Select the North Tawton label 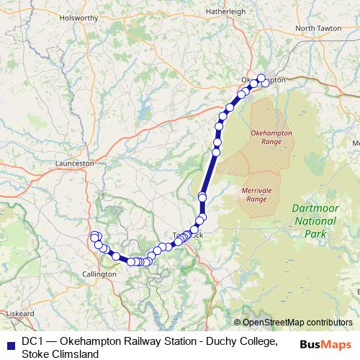click(x=318, y=29)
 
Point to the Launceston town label click(x=75, y=163)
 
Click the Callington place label click(x=99, y=274)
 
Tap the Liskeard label click(x=19, y=314)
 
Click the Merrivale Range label click(x=256, y=194)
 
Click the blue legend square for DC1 click(x=9, y=342)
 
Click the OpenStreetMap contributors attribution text click(x=297, y=323)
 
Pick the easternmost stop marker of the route click(x=265, y=83)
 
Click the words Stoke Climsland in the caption click(x=60, y=354)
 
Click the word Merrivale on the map click(x=256, y=190)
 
